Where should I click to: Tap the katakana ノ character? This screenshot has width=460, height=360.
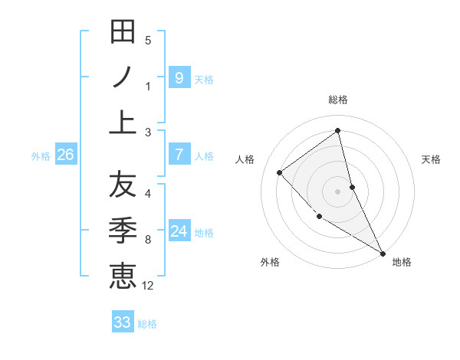pyautogui.click(x=123, y=77)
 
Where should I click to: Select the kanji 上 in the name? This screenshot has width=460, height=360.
pyautogui.click(x=123, y=122)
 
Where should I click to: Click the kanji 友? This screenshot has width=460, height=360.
pyautogui.click(x=123, y=184)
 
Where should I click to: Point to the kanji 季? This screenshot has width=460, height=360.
pyautogui.click(x=123, y=229)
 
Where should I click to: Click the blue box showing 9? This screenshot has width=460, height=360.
pyautogui.click(x=179, y=77)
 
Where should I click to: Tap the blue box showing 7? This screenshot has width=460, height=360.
pyautogui.click(x=179, y=155)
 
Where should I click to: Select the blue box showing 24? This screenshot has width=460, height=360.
pyautogui.click(x=179, y=231)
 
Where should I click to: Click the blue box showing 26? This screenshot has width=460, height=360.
pyautogui.click(x=65, y=155)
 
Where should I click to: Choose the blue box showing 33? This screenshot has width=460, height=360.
pyautogui.click(x=123, y=322)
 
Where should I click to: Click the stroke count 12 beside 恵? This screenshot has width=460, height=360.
pyautogui.click(x=148, y=286)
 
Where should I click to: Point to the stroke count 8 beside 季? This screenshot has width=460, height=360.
pyautogui.click(x=148, y=240)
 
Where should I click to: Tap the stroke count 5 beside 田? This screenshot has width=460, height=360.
pyautogui.click(x=148, y=41)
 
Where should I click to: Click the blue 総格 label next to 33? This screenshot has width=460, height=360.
pyautogui.click(x=148, y=324)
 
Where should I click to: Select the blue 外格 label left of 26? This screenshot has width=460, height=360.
pyautogui.click(x=41, y=156)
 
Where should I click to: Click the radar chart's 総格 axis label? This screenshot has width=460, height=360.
pyautogui.click(x=338, y=100)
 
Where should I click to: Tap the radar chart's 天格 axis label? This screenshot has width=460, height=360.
pyautogui.click(x=431, y=159)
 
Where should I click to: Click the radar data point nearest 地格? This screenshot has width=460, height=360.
pyautogui.click(x=383, y=253)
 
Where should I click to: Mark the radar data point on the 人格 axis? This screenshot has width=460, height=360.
pyautogui.click(x=280, y=172)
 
